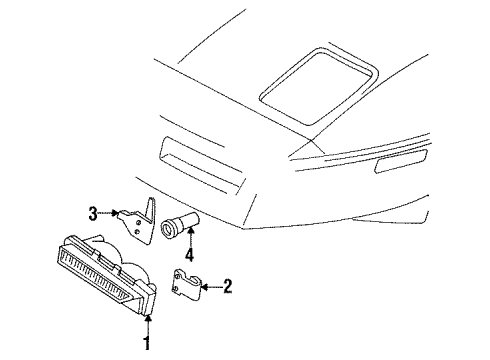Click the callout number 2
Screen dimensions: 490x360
228,287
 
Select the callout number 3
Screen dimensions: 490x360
93,211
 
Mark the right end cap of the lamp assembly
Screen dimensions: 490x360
150,297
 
